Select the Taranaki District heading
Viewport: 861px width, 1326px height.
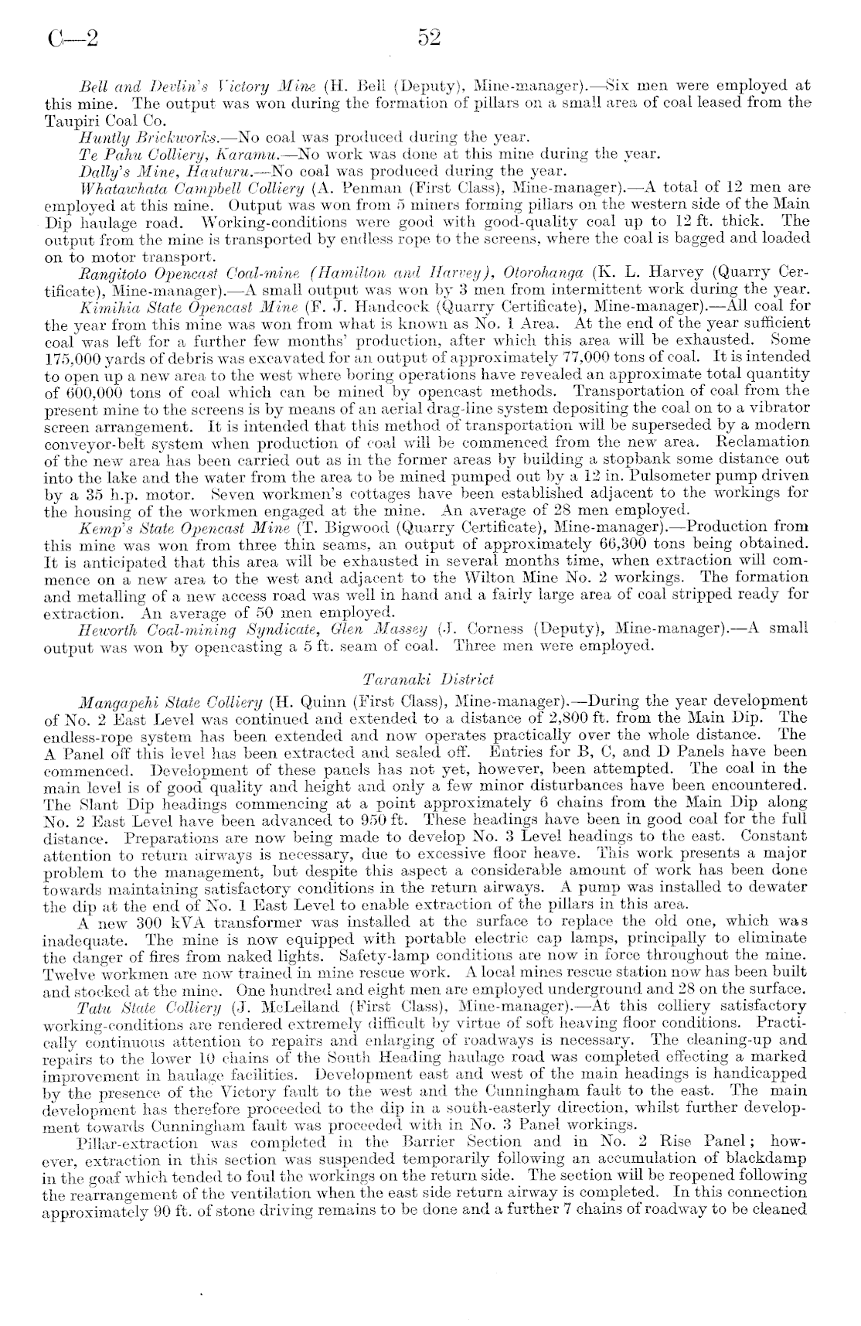(x=427, y=680)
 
